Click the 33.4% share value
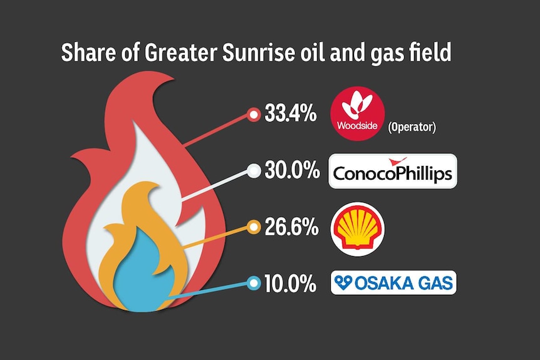(290, 113)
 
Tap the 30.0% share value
(292, 170)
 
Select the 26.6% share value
(291, 227)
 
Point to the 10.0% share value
(290, 284)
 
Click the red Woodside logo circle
(357, 113)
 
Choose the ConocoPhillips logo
(393, 171)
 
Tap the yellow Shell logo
(358, 229)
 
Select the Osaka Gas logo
(393, 282)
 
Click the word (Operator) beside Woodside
(412, 127)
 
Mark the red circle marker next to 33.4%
(254, 115)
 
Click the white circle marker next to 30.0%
(254, 171)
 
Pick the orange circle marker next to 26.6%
(254, 227)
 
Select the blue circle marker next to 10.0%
(254, 283)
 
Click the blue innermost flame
(140, 275)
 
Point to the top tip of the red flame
(174, 79)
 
